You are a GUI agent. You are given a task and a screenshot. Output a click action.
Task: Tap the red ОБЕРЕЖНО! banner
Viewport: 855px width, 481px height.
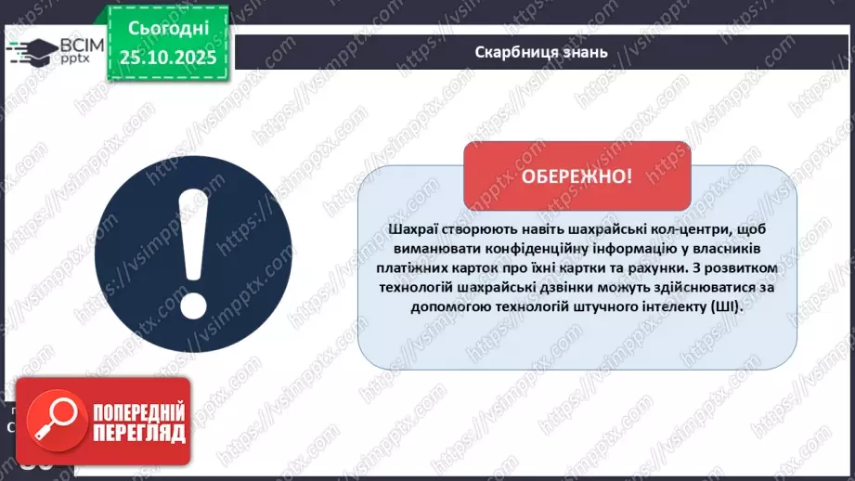pyautogui.click(x=576, y=176)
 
